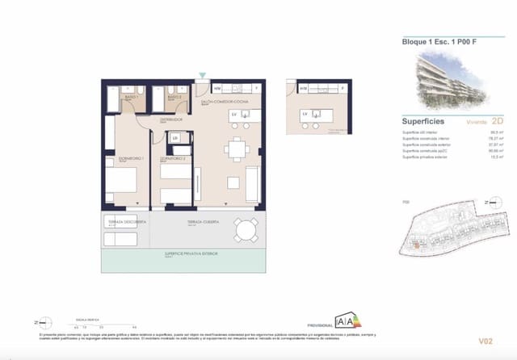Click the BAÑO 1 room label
130,97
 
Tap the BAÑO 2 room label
173,97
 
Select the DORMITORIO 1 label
130,158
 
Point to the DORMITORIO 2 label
173,158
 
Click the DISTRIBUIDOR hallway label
171,119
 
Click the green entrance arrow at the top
201,77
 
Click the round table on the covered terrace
244,232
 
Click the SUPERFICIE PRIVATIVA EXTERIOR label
191,253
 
